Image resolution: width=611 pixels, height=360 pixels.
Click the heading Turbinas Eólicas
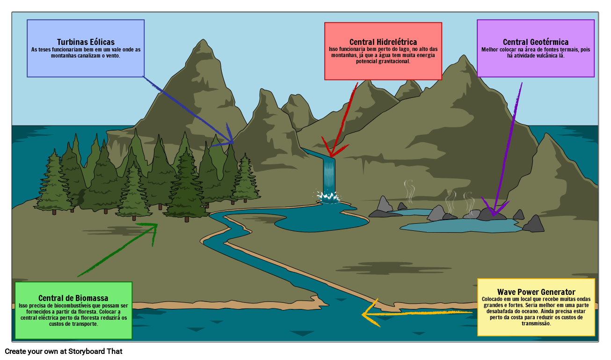coord(86,42)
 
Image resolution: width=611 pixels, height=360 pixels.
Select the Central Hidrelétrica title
coord(383,42)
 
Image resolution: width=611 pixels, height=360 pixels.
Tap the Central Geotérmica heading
coord(536,42)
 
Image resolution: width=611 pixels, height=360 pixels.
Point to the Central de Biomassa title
coord(73,298)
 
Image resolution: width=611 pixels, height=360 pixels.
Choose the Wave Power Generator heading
coord(536,292)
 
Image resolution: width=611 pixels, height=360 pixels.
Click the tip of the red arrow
coord(331,156)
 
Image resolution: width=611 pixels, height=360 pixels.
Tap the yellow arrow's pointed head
coord(363,314)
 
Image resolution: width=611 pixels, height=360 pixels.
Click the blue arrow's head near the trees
coord(232,143)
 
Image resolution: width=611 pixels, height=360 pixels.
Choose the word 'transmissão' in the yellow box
coord(536,323)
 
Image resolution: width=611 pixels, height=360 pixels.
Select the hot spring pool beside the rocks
coord(461,226)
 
